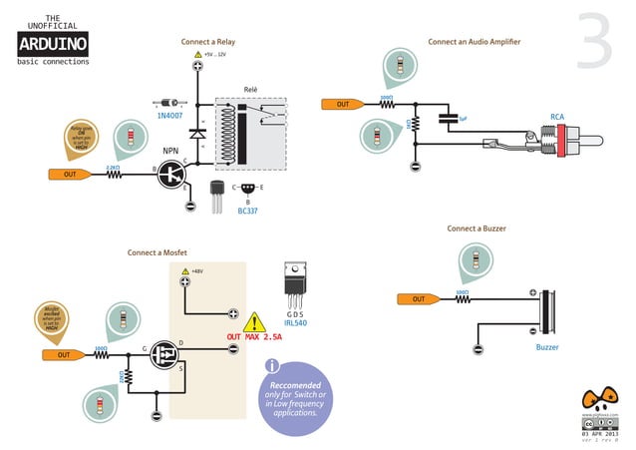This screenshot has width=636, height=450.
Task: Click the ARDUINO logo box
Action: (x=53, y=43)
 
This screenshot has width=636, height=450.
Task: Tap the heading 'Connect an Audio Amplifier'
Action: (x=474, y=42)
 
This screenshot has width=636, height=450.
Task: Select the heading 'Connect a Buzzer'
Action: (x=476, y=228)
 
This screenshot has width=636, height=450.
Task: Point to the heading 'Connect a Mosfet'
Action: (x=157, y=252)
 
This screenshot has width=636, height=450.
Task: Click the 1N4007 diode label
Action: (x=169, y=116)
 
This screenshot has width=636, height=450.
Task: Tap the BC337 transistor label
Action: (x=247, y=211)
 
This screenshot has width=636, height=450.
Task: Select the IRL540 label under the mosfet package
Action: (x=295, y=323)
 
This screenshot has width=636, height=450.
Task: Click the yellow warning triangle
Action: (x=255, y=321)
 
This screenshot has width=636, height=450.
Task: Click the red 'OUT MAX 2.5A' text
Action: (x=254, y=337)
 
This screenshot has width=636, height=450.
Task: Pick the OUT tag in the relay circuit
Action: (x=69, y=174)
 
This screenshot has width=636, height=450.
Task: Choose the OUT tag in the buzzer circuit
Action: (x=419, y=298)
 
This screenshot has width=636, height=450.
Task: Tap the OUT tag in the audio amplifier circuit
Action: (x=342, y=104)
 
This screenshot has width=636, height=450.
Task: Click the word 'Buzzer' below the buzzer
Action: (x=547, y=347)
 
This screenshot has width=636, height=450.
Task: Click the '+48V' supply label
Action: (x=197, y=270)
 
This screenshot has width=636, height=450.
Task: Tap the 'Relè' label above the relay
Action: (x=251, y=90)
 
